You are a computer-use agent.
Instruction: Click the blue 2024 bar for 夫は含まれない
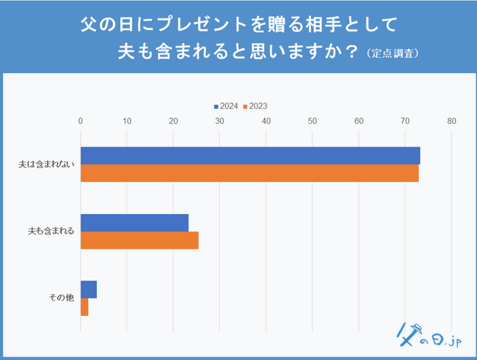coord(250,155)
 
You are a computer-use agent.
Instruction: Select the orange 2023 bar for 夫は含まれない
coord(249,173)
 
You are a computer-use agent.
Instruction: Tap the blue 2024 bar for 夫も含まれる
coord(134,223)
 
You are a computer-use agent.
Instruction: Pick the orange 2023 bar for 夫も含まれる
coord(139,240)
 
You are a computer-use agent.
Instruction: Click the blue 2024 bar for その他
coord(89,290)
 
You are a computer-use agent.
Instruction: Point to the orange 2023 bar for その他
coord(84,306)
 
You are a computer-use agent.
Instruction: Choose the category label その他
coord(61,298)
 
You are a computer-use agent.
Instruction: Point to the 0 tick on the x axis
coord(81,121)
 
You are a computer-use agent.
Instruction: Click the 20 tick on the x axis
coord(173,121)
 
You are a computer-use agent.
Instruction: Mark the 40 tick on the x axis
coord(266,121)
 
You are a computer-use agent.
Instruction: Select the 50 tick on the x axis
coord(313,121)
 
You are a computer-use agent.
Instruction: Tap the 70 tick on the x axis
coord(405,121)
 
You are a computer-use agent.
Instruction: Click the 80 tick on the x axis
coord(451,121)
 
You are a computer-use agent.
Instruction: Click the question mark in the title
coord(352,52)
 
